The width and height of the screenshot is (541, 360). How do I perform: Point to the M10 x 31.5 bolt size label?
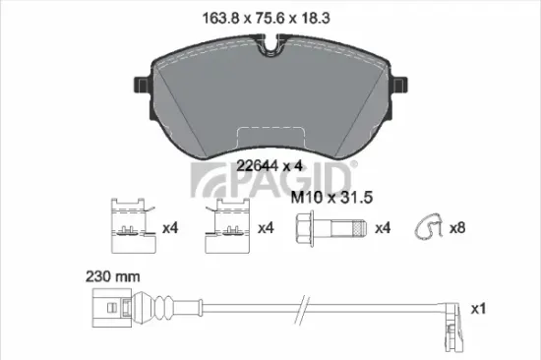pos(331,198)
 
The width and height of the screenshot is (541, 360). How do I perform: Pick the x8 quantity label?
pos(457,228)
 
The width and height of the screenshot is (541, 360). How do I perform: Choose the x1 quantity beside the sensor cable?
pos(479,309)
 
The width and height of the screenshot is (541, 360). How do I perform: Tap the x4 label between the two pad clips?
pos(169,228)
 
